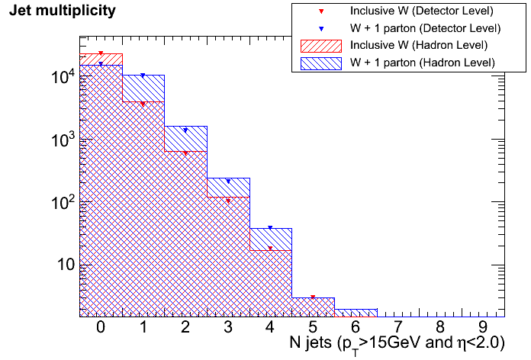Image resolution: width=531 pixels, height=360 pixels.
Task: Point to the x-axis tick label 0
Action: (101, 328)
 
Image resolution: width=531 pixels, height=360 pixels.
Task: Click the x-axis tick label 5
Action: (313, 328)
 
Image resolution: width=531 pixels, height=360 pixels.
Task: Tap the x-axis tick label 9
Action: (483, 328)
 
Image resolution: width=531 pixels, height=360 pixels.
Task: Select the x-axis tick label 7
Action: (398, 328)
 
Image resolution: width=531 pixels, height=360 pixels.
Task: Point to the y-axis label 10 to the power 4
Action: (62, 76)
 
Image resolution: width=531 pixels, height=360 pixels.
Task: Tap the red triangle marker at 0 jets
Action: (101, 53)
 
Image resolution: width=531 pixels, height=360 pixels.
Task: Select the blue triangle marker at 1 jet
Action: (143, 76)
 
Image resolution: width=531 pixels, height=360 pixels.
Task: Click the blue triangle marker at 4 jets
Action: (271, 228)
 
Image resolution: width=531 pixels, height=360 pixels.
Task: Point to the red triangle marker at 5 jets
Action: (314, 297)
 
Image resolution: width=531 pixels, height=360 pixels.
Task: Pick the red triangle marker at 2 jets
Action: (185, 153)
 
